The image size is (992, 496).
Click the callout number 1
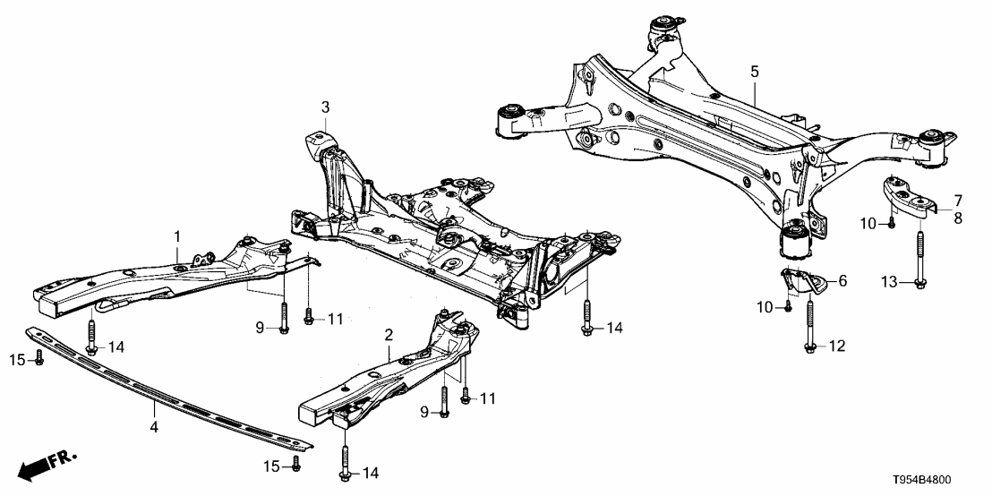pos(177,235)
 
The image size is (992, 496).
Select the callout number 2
pos(389,335)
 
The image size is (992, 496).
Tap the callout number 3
pos(325,107)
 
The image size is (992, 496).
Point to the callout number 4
pos(154,427)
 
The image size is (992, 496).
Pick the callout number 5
pos(754,69)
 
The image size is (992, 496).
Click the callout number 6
pos(842,280)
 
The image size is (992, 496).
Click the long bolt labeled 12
pos(809,328)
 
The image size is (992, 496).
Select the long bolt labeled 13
pos(922,260)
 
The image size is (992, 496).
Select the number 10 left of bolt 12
pos(765,308)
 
